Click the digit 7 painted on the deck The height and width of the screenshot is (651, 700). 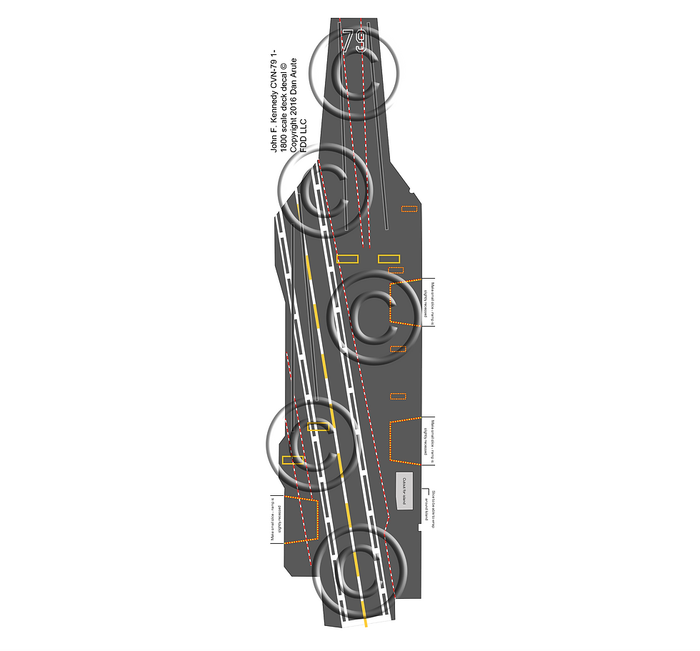(348, 41)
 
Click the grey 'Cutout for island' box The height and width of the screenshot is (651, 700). (404, 491)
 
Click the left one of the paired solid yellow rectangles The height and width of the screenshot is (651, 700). (347, 259)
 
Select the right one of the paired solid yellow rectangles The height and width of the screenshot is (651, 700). (389, 259)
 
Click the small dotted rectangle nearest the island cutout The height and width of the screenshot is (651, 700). (398, 396)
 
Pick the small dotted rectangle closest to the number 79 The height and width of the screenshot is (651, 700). (409, 209)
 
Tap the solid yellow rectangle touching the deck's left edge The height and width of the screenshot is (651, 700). (293, 459)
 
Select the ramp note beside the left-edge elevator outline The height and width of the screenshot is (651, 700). (276, 520)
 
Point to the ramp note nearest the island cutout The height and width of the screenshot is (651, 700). (430, 441)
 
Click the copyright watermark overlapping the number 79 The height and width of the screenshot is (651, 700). (354, 69)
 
